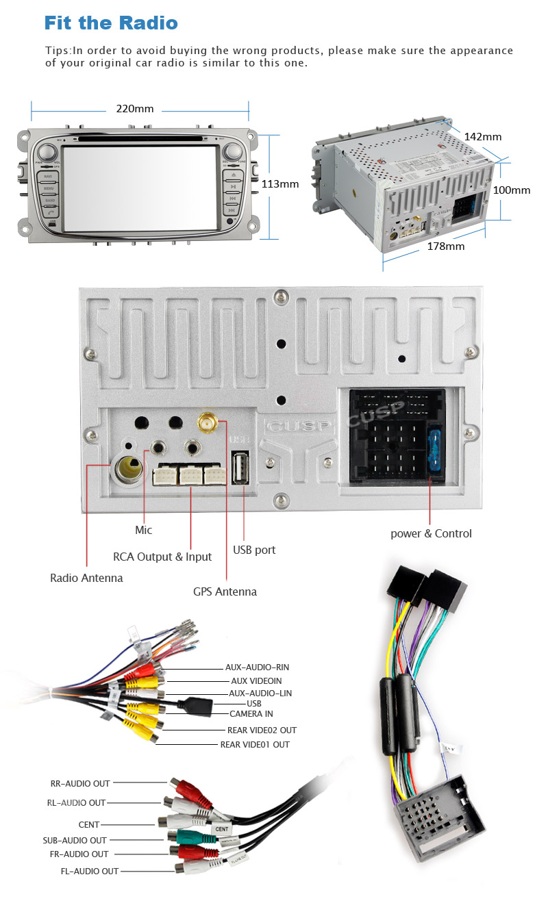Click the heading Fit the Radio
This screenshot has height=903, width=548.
click(x=111, y=23)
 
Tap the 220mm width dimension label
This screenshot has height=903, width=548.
click(x=134, y=109)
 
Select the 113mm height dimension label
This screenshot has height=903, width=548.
click(x=280, y=183)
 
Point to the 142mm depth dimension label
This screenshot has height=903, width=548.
click(x=482, y=136)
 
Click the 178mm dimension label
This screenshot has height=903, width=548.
click(x=445, y=246)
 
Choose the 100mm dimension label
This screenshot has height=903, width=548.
click(x=512, y=190)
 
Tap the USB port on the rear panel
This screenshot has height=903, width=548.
click(x=240, y=468)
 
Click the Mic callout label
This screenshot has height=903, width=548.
click(x=144, y=530)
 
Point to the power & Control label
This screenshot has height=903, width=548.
click(x=431, y=533)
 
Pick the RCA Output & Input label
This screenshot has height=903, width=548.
click(x=162, y=557)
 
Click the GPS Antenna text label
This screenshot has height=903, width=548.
click(x=225, y=592)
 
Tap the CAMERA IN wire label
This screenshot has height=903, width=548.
click(x=251, y=713)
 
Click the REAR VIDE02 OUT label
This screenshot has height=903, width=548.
click(x=262, y=730)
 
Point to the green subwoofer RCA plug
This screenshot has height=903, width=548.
click(x=186, y=836)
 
